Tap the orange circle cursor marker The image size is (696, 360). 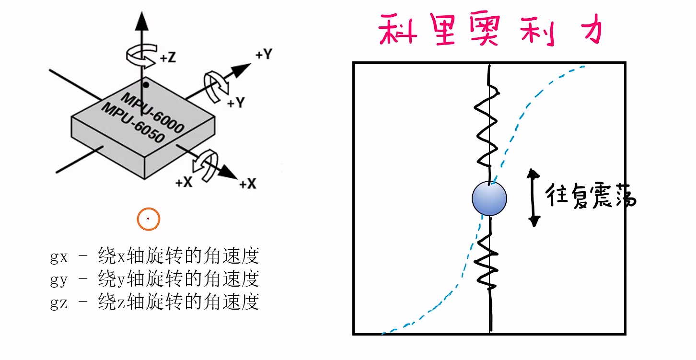click(148, 219)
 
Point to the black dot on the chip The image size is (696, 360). click(146, 85)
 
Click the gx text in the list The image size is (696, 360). click(58, 257)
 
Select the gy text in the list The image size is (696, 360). click(58, 279)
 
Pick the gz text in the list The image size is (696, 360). click(58, 302)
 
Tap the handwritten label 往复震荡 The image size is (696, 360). click(591, 197)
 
